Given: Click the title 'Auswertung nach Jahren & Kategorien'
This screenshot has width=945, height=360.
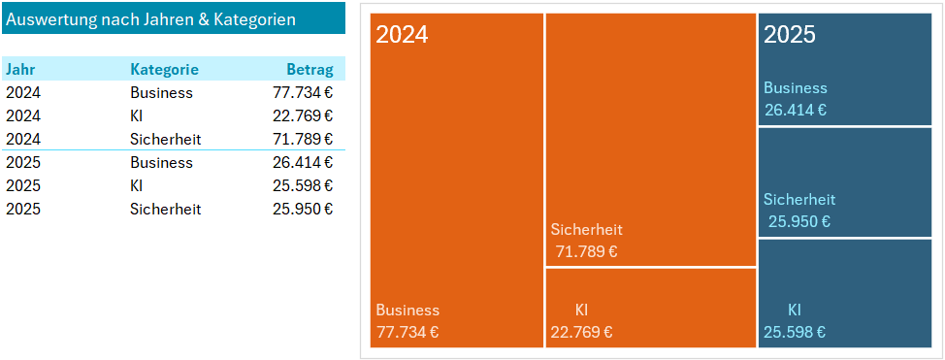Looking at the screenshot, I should pos(151,19).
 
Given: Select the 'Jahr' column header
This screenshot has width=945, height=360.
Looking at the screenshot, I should pos(20,70).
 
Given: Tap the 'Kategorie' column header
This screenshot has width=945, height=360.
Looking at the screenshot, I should pos(164,70).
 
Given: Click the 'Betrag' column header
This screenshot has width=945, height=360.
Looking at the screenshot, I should pos(310,70).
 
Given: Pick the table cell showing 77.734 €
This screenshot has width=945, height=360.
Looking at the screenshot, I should pos(303,93).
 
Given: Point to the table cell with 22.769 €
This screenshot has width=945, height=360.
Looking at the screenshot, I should pos(303,116).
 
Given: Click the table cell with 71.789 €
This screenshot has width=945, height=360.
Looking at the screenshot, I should pos(303,140).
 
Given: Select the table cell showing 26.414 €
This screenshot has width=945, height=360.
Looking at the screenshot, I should pos(303,163).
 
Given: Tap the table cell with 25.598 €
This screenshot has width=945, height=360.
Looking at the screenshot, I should pos(303,186).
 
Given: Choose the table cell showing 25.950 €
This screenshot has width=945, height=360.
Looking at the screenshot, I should pos(303,210).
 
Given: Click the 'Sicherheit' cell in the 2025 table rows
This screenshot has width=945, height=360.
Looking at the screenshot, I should pos(165,210).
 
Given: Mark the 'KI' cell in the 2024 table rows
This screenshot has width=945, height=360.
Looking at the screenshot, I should pos(137,116).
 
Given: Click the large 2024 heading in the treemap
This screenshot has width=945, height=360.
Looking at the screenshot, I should pos(402,35).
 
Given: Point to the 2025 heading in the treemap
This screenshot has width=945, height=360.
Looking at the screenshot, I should pos(790,35).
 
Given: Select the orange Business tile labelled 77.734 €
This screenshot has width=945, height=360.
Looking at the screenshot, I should pos(457,194).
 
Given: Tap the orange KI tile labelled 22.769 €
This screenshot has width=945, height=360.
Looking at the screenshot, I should pos(651,307).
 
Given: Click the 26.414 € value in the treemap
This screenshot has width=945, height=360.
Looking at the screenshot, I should pos(796,111).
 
